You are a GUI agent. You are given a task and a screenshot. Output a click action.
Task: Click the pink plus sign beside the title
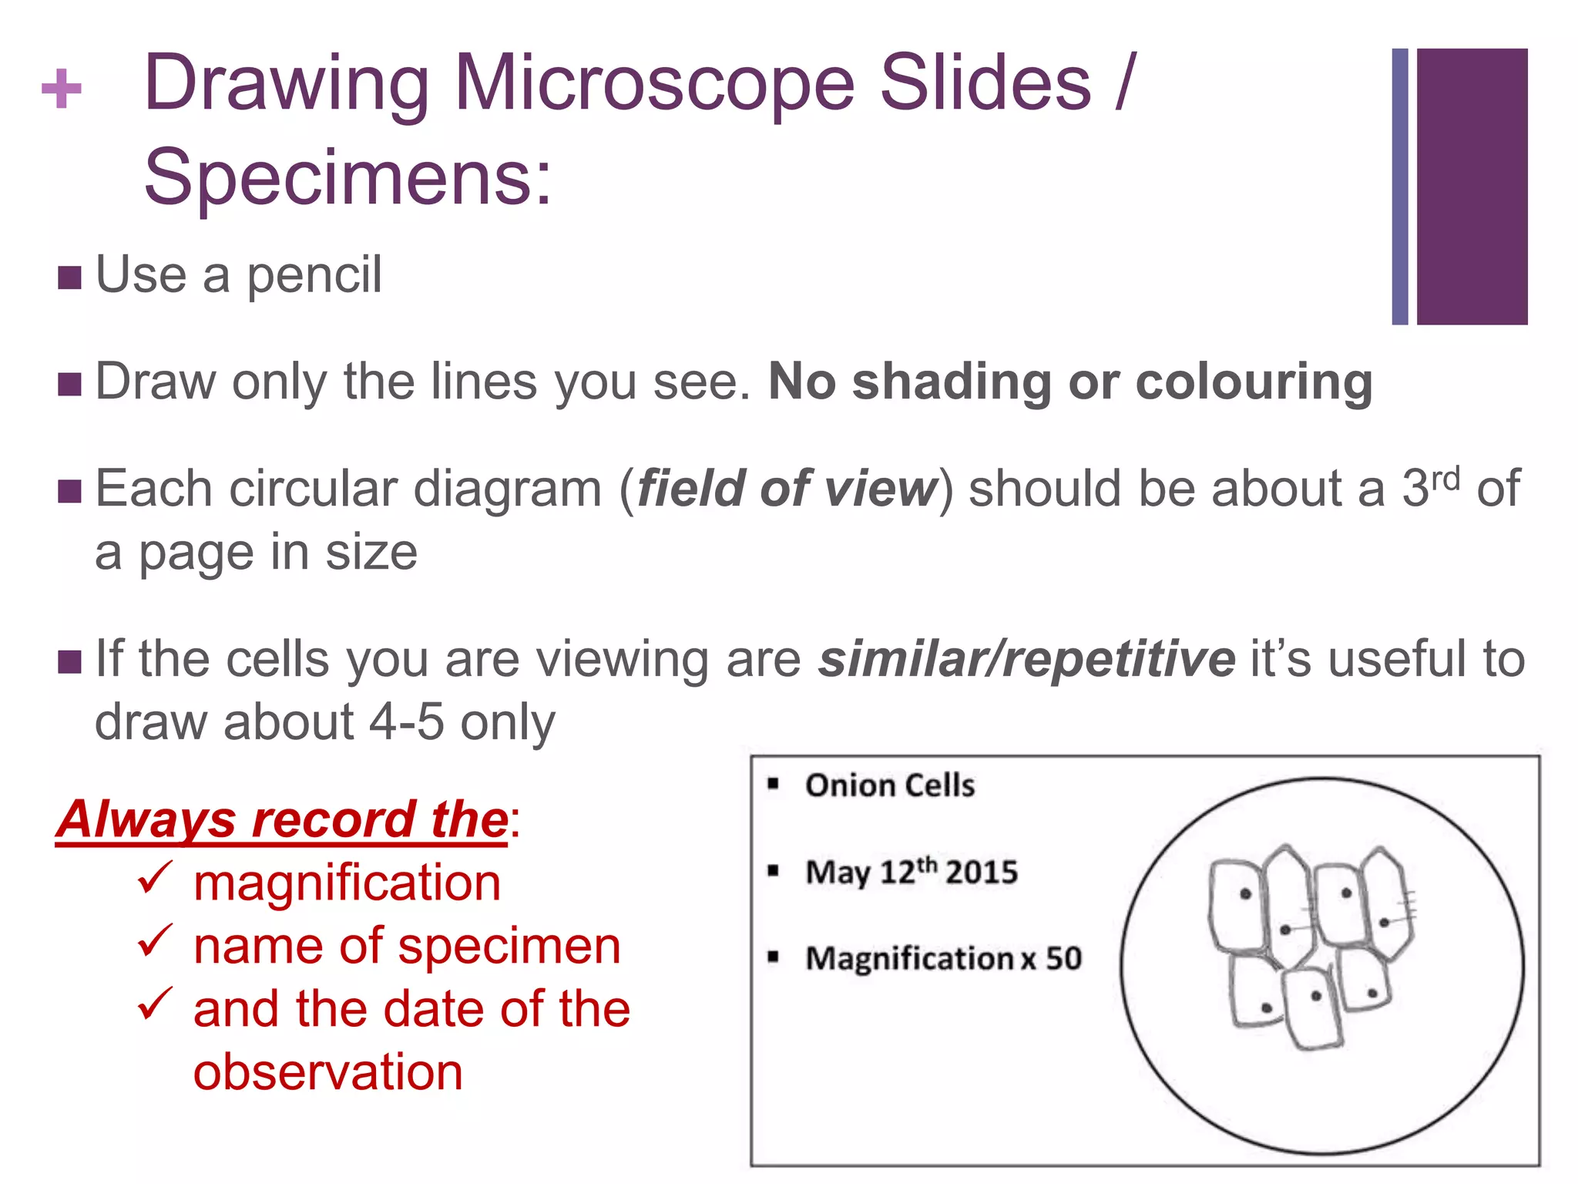click(62, 89)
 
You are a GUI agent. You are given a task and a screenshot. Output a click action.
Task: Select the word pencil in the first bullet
click(314, 275)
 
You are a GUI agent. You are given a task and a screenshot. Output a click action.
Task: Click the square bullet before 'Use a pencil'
click(69, 277)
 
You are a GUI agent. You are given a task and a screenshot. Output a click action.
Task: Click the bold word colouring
click(1254, 382)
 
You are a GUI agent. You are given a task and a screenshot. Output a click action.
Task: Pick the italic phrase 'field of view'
click(786, 489)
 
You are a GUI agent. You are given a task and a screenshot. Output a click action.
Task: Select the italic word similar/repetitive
click(1026, 659)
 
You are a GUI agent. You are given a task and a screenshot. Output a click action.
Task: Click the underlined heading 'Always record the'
click(282, 819)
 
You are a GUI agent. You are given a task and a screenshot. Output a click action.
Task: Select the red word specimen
click(509, 947)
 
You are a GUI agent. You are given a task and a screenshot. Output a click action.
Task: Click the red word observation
click(328, 1072)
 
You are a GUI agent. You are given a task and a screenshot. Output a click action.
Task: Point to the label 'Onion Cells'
click(890, 785)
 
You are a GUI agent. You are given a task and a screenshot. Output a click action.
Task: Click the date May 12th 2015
click(912, 872)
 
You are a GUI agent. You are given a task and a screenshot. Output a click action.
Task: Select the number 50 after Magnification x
click(1063, 959)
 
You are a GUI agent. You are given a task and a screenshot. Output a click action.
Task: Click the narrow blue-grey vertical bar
click(1400, 186)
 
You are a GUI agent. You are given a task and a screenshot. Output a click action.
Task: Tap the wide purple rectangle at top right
click(1472, 186)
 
